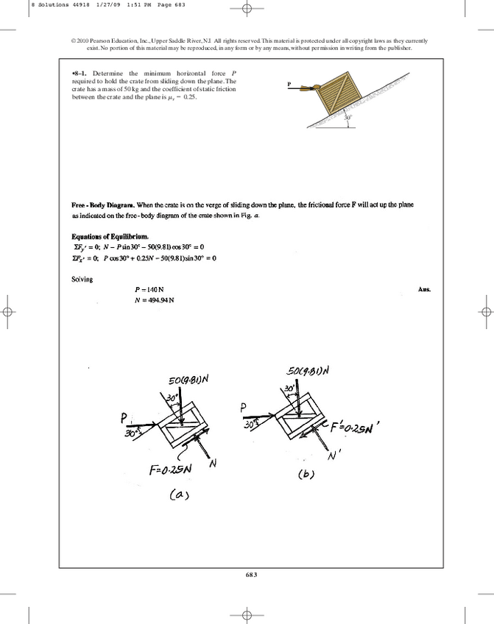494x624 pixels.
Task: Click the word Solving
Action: (x=82, y=280)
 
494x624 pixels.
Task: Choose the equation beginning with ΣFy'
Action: (x=137, y=247)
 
